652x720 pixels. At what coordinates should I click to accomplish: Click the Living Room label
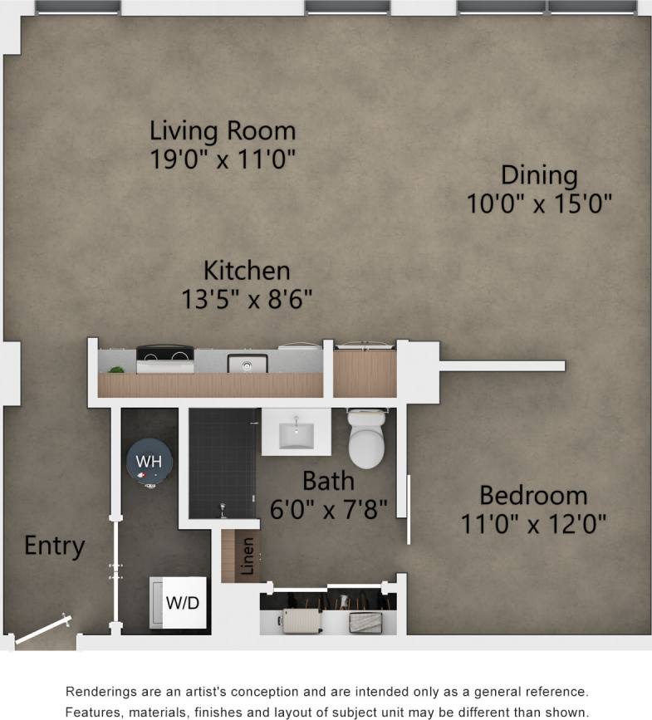point(223,130)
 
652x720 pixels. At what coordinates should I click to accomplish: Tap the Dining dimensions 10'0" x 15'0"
point(539,203)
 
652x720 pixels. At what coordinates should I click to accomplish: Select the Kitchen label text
point(247,271)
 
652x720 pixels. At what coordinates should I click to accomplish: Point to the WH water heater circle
point(149,460)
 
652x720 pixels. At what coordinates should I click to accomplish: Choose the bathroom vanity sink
point(296,432)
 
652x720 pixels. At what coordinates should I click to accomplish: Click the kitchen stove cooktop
point(164,360)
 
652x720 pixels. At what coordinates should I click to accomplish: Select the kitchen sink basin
point(247,364)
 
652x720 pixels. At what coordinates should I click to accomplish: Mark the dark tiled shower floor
point(222,461)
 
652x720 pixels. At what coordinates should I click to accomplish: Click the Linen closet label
point(248,556)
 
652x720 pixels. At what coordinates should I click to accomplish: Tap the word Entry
point(54,546)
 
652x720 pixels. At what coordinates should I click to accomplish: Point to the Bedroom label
point(533,496)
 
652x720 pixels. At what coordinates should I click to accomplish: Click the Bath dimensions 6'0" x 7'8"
point(329,508)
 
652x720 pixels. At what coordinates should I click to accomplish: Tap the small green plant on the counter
point(116,369)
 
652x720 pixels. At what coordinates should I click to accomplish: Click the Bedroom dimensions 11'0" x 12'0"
point(533,524)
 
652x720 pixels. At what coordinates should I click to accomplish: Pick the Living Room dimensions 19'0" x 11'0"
point(223,159)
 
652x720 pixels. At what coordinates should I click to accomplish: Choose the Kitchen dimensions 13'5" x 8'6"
point(247,299)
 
